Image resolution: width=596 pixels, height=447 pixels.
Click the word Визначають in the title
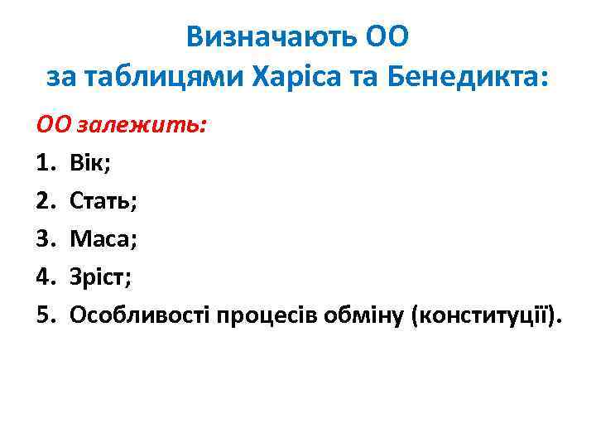tap(270, 36)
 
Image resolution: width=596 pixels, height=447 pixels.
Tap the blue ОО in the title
tap(387, 36)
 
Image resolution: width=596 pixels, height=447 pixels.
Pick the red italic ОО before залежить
tap(54, 124)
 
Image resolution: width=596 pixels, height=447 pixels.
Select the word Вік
tap(92, 162)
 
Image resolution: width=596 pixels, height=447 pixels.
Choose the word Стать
tap(104, 200)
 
